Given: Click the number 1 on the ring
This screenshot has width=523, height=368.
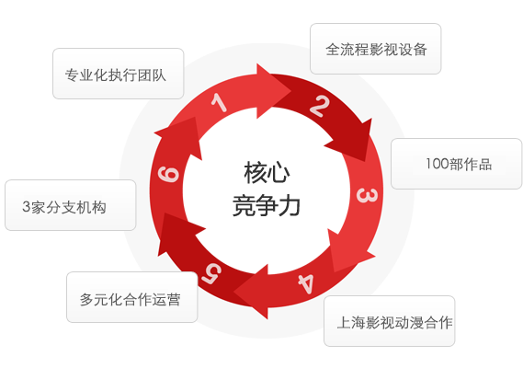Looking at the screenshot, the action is point(220,103).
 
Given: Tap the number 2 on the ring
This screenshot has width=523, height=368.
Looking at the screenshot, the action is point(320,106).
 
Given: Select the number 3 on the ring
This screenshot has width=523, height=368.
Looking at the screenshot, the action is point(367,196).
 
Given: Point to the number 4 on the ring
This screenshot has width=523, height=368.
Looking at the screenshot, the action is point(306,283).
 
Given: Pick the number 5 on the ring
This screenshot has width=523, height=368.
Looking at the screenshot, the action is point(211,274).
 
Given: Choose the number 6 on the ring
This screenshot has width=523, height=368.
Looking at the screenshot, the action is point(168,174).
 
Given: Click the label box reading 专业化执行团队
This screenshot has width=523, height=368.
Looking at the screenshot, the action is point(118,74).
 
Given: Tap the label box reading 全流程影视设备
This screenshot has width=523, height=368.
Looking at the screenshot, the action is point(376,49).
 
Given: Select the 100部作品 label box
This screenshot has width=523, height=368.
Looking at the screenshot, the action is point(456,164).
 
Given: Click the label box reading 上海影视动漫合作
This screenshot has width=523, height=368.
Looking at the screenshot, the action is point(389,321).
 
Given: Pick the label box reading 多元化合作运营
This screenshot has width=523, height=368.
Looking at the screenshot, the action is point(132,297).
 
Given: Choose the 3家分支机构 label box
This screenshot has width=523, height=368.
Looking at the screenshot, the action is point(71,205).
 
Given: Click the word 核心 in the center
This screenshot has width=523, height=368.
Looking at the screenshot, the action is point(267,172).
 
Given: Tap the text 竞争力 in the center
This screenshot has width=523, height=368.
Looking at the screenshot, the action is point(267,205).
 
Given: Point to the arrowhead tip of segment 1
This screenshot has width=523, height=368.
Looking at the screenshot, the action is point(290,90).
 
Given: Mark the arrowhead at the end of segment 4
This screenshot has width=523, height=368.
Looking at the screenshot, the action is point(233,293).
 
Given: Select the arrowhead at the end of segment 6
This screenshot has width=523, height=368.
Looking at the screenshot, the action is point(196,117).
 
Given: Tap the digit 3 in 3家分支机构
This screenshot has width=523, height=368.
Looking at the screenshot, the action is point(27,207).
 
